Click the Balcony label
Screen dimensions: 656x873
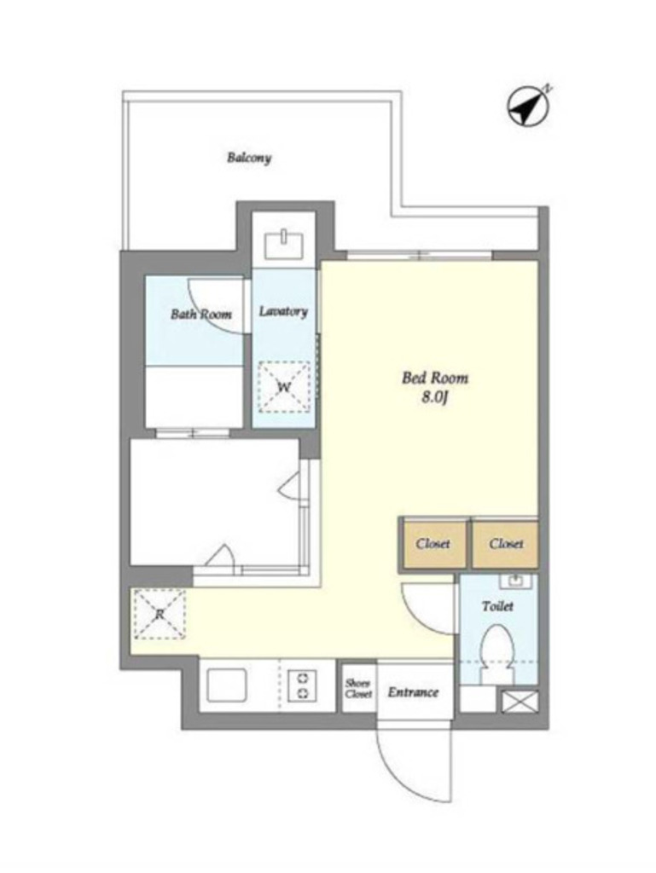249,158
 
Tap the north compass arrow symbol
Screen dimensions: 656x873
527,106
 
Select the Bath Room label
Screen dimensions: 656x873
201,314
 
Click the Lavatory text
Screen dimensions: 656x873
283,311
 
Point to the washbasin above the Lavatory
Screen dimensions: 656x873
283,245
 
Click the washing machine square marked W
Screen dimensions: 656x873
284,387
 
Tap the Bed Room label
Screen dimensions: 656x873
435,378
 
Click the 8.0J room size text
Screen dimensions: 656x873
435,399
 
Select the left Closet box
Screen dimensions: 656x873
433,544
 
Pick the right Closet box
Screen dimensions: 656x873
506,544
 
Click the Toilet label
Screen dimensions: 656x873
497,606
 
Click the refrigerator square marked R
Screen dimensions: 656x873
160,614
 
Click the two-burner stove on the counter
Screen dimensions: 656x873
303,685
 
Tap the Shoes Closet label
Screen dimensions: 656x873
358,689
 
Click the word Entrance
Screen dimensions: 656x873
413,692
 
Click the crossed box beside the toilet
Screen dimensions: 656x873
520,701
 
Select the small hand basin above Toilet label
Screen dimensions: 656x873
515,581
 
